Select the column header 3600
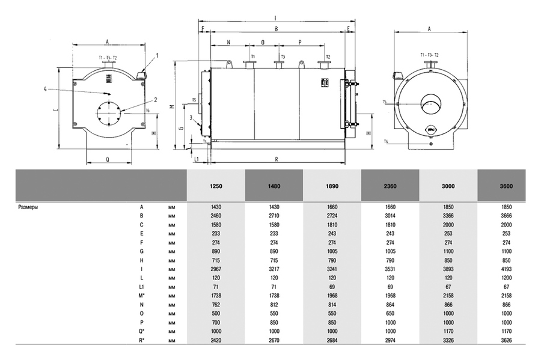point(507,186)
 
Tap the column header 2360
point(390,186)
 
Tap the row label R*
point(142,341)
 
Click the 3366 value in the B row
point(448,216)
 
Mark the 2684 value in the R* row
point(332,341)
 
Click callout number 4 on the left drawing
point(44,89)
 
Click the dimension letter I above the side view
point(275,17)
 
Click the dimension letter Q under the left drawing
point(107,160)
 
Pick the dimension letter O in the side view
point(263,43)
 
